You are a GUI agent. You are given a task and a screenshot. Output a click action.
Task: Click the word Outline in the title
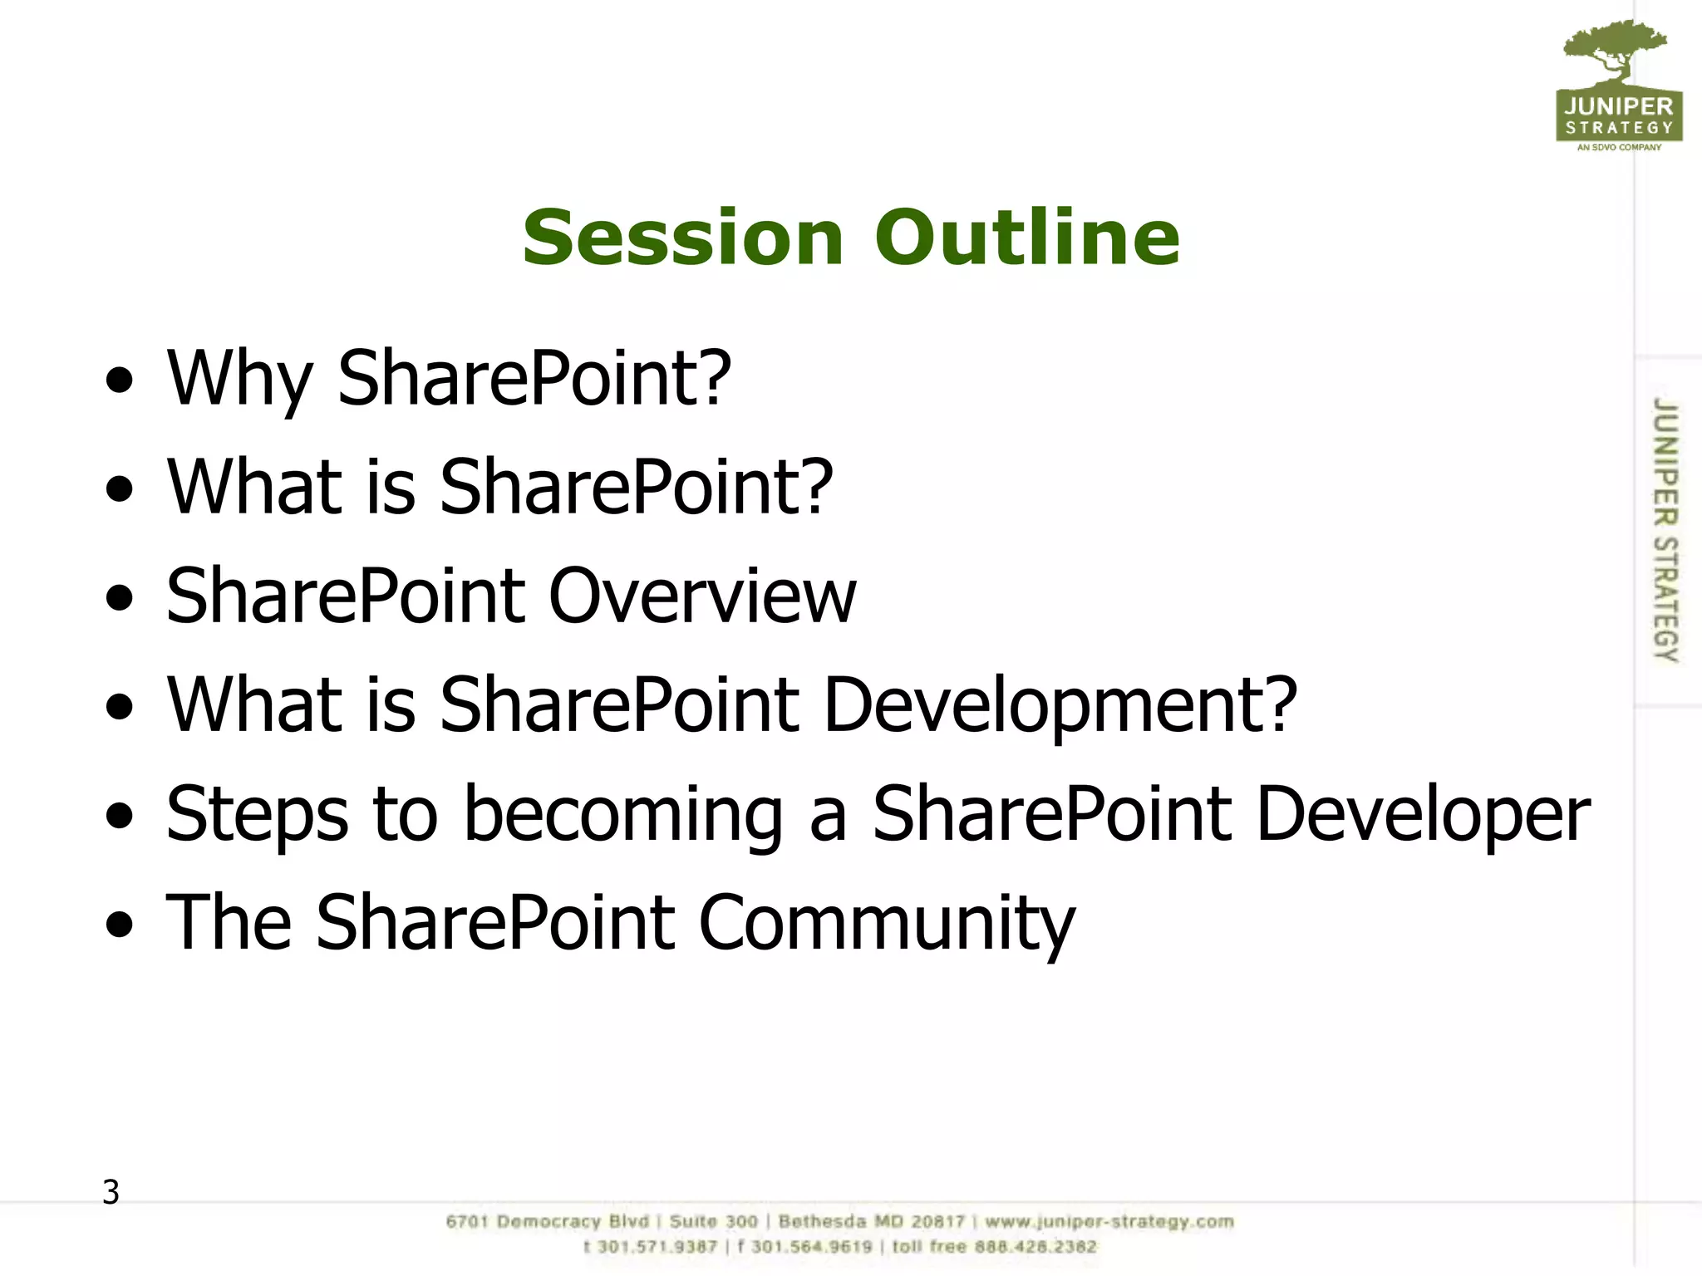tap(1026, 238)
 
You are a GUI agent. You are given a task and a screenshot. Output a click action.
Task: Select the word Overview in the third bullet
tap(702, 596)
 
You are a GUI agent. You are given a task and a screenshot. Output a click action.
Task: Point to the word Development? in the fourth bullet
tap(1060, 705)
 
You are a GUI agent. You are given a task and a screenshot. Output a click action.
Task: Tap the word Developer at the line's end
tap(1423, 815)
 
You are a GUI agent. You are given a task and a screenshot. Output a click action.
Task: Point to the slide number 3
tap(111, 1192)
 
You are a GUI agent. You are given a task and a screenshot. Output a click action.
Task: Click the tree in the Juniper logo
tap(1615, 50)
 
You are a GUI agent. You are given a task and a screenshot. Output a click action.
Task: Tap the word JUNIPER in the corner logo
tap(1619, 106)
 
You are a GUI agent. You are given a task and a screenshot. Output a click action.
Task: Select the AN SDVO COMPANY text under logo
tap(1619, 147)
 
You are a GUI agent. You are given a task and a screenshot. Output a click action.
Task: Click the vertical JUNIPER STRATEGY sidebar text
tap(1665, 529)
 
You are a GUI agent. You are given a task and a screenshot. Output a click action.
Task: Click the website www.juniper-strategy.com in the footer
tap(1109, 1222)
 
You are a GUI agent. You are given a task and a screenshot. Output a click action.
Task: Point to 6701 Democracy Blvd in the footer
tap(548, 1222)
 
